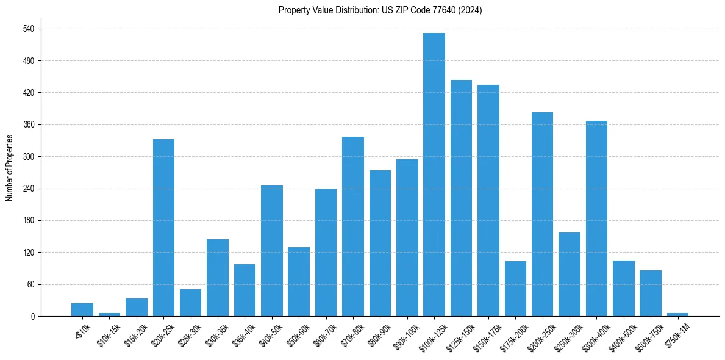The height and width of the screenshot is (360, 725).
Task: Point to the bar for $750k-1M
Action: [677, 314]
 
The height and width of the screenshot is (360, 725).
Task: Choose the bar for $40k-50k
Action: [272, 251]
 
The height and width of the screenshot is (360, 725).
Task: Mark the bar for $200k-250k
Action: [542, 214]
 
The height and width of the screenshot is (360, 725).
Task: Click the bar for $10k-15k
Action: [110, 314]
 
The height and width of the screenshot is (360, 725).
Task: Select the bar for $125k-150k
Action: [461, 198]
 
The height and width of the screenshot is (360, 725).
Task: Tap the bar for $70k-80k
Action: [353, 226]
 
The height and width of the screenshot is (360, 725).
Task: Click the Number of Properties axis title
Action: [9, 167]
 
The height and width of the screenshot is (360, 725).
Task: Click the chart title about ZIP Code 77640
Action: [380, 10]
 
